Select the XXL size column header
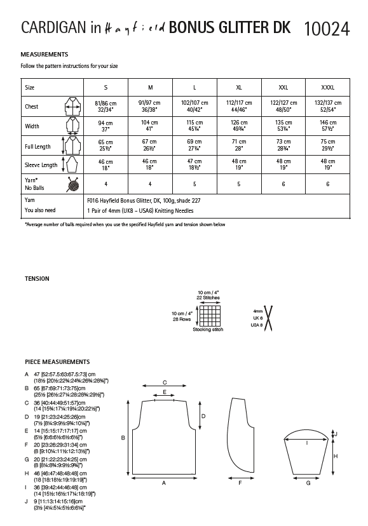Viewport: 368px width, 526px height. click(283, 86)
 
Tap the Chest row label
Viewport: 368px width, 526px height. click(32, 107)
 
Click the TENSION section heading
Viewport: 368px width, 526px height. click(36, 278)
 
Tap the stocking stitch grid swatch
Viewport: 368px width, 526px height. click(207, 316)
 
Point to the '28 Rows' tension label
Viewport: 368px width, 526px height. click(184, 320)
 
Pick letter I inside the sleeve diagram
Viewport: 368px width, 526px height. click(308, 442)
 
